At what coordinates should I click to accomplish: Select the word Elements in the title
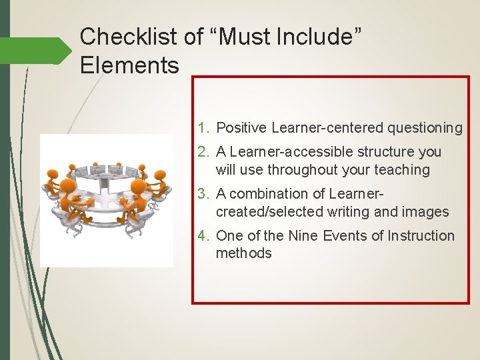[129, 65]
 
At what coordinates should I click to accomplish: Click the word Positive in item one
[241, 127]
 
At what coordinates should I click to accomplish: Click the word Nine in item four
[303, 236]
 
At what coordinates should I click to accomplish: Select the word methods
[243, 253]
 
